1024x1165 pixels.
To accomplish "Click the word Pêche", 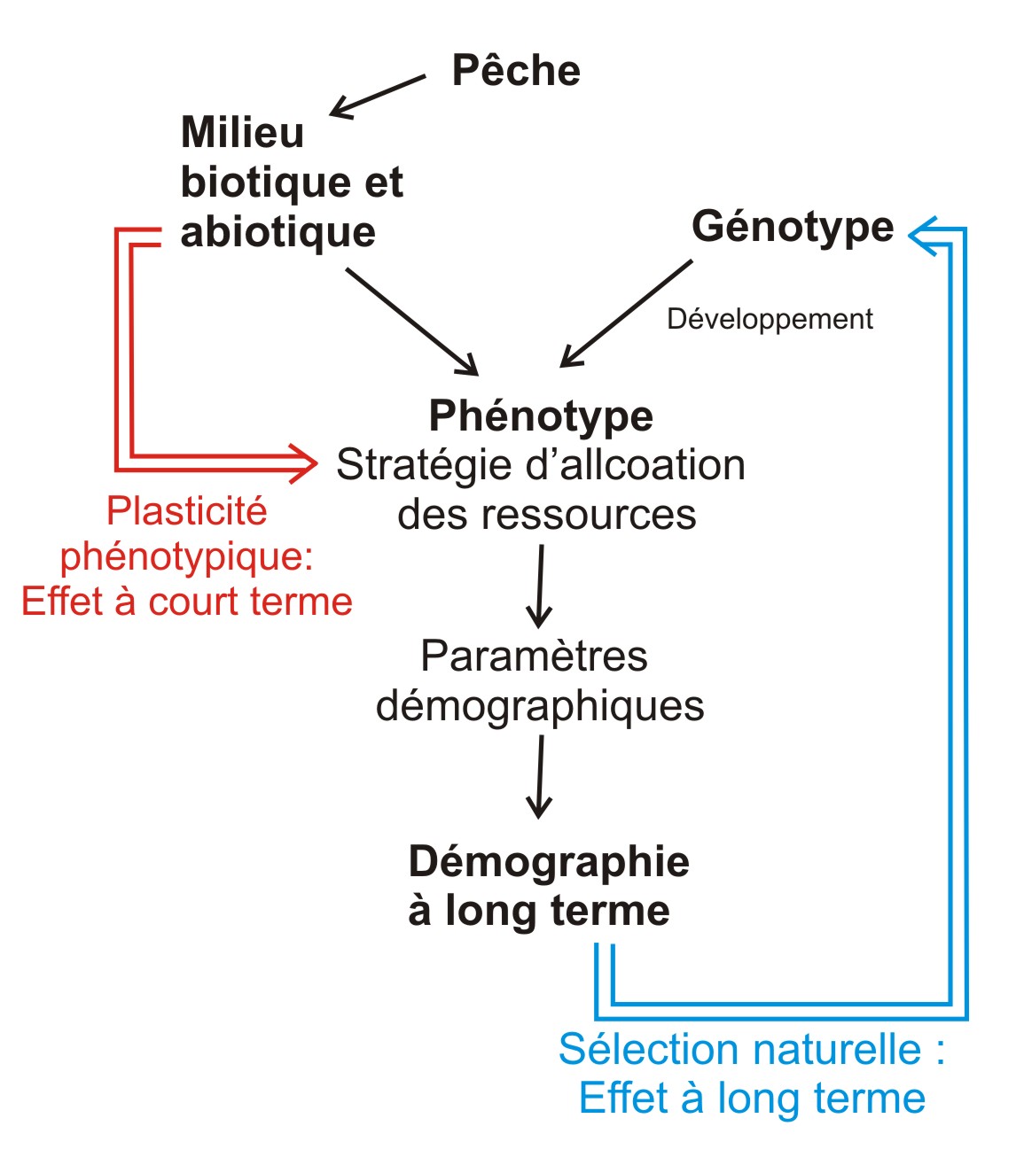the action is [516, 70].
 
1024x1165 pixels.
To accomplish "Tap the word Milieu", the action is [242, 132].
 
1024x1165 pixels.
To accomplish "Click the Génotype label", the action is [793, 228].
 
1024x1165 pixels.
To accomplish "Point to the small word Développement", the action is [770, 320].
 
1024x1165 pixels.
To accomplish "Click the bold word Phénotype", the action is [541, 416].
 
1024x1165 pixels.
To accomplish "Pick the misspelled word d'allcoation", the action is [636, 464].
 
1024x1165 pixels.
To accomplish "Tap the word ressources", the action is [589, 515].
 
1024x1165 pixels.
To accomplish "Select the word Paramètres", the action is [534, 656].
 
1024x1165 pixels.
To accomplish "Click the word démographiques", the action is [540, 707].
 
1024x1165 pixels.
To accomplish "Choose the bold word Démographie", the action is [549, 861].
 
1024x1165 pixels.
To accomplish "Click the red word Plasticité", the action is [187, 510].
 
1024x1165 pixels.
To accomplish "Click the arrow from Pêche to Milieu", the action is [378, 96].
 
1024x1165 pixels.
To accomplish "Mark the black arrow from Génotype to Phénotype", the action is [626, 314].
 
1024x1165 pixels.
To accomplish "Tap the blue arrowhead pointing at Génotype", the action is [923, 236].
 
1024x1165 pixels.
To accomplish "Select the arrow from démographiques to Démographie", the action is [540, 777].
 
